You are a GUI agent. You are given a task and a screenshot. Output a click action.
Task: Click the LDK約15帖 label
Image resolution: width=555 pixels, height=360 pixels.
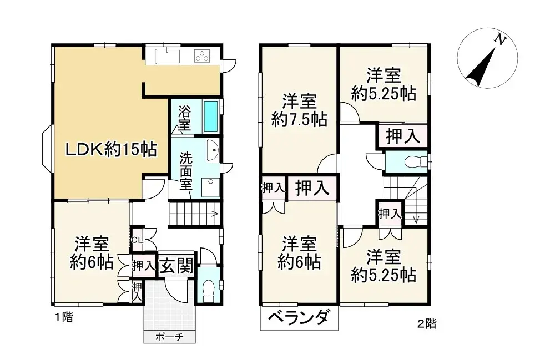pyautogui.click(x=112, y=149)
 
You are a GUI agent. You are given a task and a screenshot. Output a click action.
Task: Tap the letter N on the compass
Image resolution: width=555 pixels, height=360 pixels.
pyautogui.click(x=501, y=40)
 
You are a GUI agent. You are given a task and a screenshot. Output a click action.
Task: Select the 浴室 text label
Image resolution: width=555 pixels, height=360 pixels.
pyautogui.click(x=184, y=118)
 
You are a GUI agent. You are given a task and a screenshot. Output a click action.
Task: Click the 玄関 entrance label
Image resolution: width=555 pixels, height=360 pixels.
pyautogui.click(x=176, y=266)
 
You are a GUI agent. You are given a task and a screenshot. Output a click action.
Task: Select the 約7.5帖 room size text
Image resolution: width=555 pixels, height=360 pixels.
pyautogui.click(x=299, y=119)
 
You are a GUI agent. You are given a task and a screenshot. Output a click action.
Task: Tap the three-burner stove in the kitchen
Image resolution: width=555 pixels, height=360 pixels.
pyautogui.click(x=202, y=55)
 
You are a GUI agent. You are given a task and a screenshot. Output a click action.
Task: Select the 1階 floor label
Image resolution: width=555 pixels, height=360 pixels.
pyautogui.click(x=63, y=318)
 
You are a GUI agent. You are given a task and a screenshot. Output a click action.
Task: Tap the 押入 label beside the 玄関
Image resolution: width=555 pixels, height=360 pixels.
pyautogui.click(x=144, y=266)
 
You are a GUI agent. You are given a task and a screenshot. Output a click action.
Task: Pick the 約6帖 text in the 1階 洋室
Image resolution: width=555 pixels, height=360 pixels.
pyautogui.click(x=92, y=261)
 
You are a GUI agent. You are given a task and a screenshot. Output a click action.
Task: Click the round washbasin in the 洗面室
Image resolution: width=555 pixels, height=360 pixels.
pyautogui.click(x=212, y=148)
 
